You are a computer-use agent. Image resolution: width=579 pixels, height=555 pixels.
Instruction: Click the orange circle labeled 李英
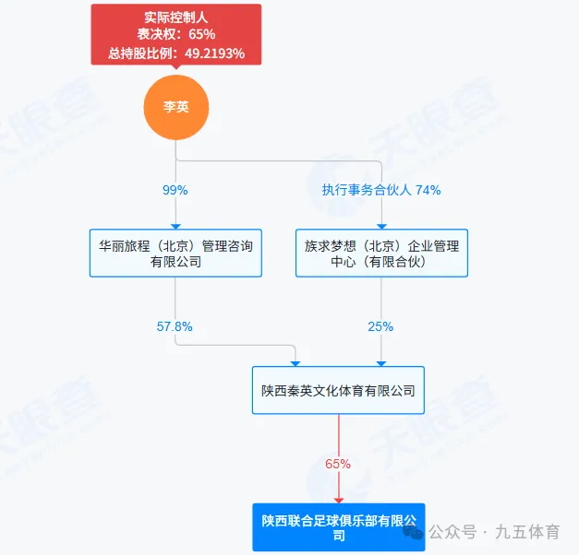point(175,108)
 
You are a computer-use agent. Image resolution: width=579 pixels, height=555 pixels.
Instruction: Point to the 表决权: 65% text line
point(175,34)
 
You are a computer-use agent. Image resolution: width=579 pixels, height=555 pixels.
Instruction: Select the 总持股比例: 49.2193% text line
point(175,53)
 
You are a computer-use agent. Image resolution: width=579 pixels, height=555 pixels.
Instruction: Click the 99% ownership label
point(175,190)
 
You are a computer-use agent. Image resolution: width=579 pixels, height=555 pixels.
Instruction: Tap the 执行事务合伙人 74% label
point(380,190)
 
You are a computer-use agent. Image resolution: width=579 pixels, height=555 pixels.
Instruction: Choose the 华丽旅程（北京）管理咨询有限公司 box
point(175,254)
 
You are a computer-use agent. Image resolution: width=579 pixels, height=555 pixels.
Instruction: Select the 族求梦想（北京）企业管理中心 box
point(381,254)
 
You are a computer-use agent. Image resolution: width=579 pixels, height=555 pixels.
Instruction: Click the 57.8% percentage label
point(175,326)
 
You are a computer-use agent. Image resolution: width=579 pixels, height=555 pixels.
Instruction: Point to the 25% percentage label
point(380,326)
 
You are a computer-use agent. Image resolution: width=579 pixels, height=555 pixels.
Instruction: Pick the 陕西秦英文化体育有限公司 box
point(338,390)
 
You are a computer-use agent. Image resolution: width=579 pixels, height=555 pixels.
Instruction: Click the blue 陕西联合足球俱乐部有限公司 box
point(338,527)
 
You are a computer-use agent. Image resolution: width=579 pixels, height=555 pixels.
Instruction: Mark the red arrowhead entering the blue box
point(338,499)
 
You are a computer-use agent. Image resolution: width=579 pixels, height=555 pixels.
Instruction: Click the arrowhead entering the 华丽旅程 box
point(175,225)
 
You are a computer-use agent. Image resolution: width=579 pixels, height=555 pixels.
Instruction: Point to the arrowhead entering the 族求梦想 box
point(380,225)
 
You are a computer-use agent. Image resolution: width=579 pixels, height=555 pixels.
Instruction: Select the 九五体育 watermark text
point(527,532)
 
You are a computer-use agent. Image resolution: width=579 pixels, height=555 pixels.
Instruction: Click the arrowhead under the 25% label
point(380,362)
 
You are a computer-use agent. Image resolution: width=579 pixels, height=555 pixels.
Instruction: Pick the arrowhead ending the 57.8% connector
point(296,362)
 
